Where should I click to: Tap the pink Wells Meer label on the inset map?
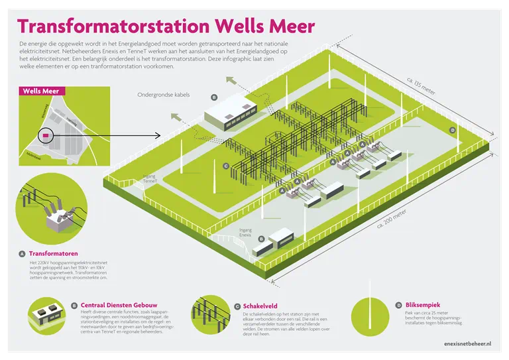coord(37,91)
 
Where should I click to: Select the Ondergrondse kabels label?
coord(163,95)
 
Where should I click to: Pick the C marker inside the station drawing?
coord(226,166)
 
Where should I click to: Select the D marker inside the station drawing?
coord(453,130)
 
